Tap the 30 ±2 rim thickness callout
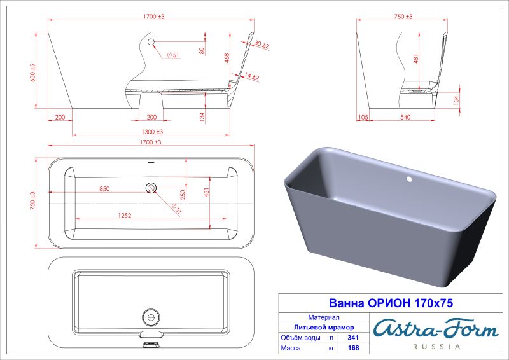(261, 45)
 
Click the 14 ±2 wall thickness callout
(251, 77)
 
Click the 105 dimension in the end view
(363, 117)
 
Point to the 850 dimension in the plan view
(104, 188)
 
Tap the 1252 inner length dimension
(124, 216)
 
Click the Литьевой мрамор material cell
(303, 327)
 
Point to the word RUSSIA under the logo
(436, 347)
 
